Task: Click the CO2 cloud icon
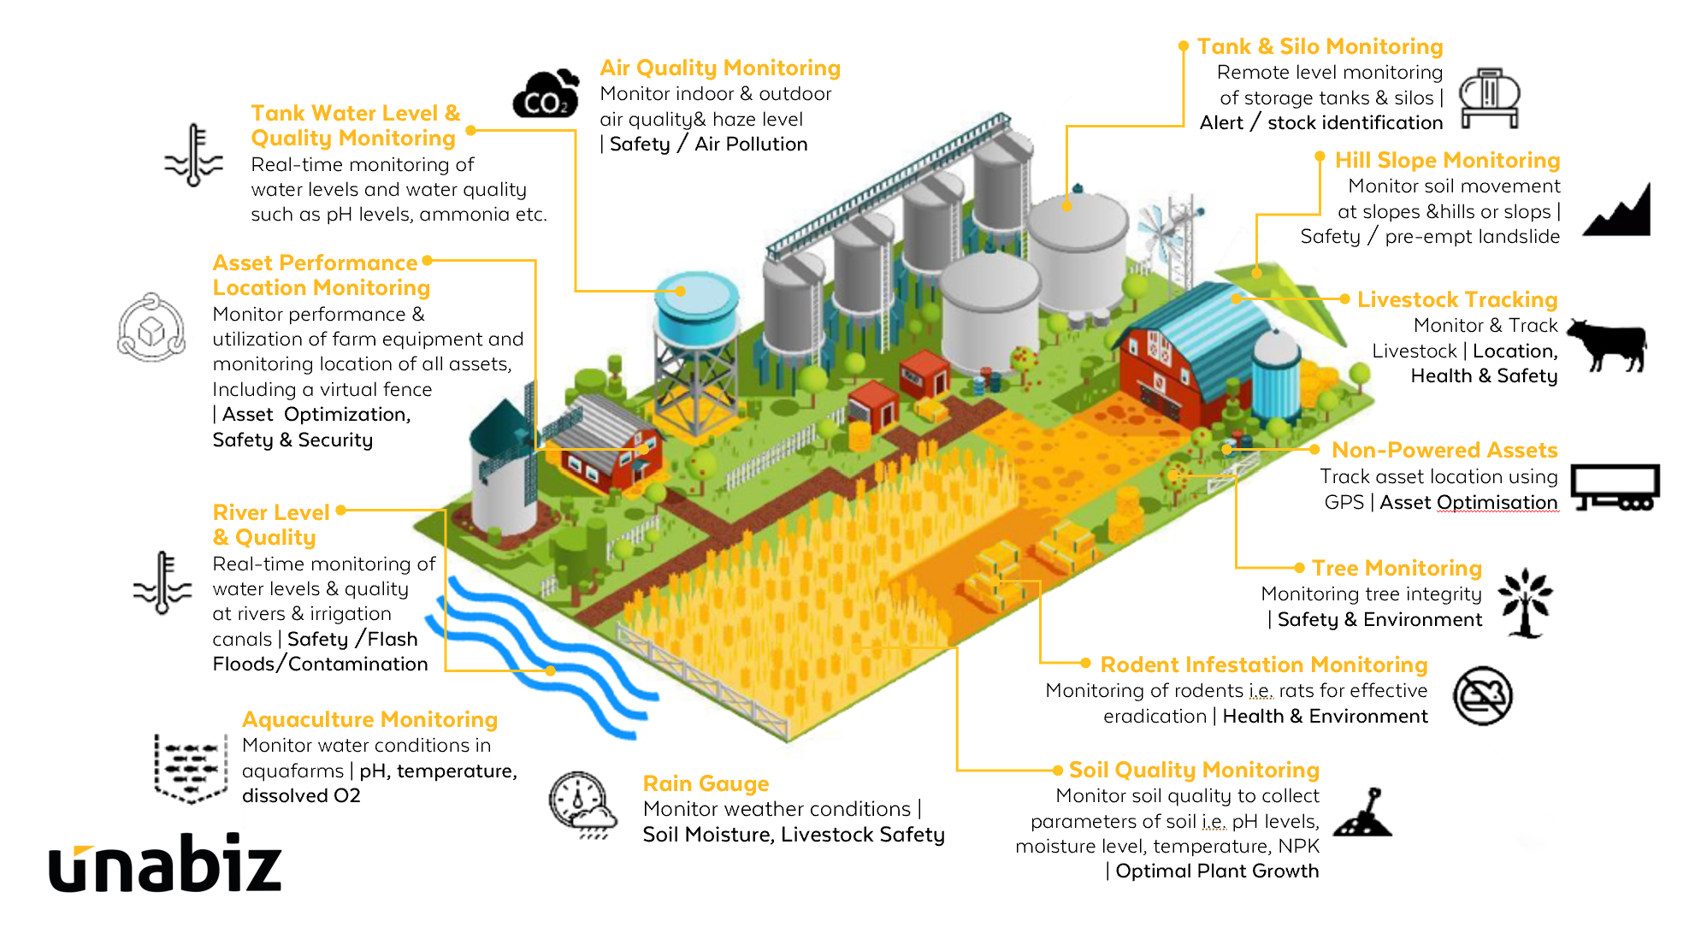(546, 95)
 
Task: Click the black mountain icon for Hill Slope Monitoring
(1617, 211)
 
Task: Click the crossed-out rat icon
(1483, 695)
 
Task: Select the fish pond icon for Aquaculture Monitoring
(190, 767)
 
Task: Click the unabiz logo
(165, 864)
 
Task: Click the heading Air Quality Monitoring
(720, 68)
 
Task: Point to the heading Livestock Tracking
(1456, 299)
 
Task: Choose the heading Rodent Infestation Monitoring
(1263, 664)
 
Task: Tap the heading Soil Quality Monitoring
(1194, 770)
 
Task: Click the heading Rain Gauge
(706, 783)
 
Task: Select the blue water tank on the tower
(696, 304)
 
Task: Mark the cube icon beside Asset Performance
(151, 328)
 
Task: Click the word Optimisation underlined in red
(1497, 502)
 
